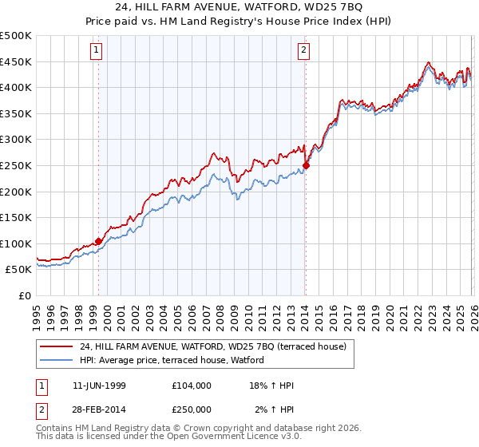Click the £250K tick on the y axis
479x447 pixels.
pos(16,165)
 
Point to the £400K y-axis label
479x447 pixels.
pos(16,87)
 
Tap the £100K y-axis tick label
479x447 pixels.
pos(16,243)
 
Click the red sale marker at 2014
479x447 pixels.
pos(306,165)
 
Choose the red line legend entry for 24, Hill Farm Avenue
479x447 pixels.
pos(212,346)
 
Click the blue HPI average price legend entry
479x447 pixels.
pos(176,360)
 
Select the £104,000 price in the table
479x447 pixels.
pos(192,386)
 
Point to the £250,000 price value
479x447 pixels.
pos(192,409)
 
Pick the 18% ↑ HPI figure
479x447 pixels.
pos(271,386)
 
